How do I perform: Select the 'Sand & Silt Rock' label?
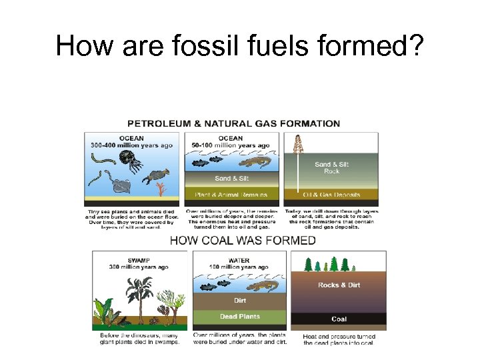[331, 167]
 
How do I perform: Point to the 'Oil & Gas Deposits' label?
[331, 195]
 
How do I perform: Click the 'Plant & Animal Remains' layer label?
[231, 195]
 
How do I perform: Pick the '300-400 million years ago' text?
[132, 145]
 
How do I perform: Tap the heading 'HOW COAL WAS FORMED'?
[243, 241]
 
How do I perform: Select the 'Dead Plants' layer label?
[240, 316]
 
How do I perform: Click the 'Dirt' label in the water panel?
[240, 301]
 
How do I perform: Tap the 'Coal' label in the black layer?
[339, 319]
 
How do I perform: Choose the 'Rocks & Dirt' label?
[339, 285]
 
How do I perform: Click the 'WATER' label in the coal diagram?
[239, 260]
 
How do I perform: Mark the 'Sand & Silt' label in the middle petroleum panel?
[231, 178]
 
